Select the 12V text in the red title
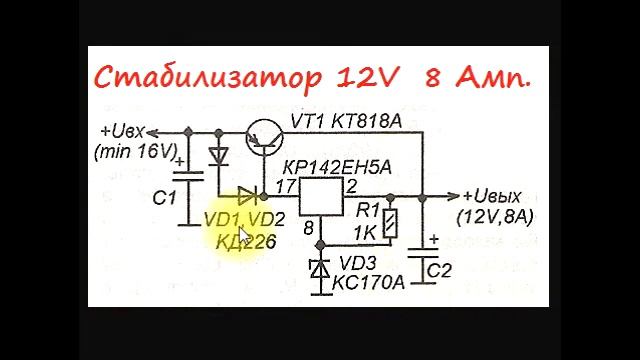point(364,77)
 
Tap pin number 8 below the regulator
point(310,229)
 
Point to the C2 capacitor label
point(439,270)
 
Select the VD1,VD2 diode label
point(245,219)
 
